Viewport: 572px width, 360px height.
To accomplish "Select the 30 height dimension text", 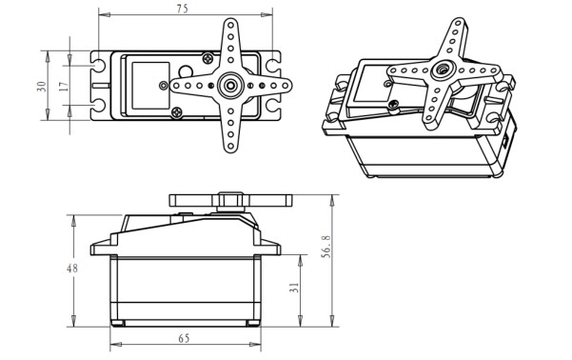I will tap(41, 86).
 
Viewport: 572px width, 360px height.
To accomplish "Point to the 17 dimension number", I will tap(63, 86).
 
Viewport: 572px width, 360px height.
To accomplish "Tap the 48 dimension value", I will tap(71, 269).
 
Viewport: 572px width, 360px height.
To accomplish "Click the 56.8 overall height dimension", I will tap(326, 247).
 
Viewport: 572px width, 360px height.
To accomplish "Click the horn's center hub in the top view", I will tap(230, 85).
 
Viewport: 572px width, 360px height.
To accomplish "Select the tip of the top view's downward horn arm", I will tap(230, 148).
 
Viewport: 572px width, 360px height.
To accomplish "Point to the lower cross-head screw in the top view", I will tap(179, 113).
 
